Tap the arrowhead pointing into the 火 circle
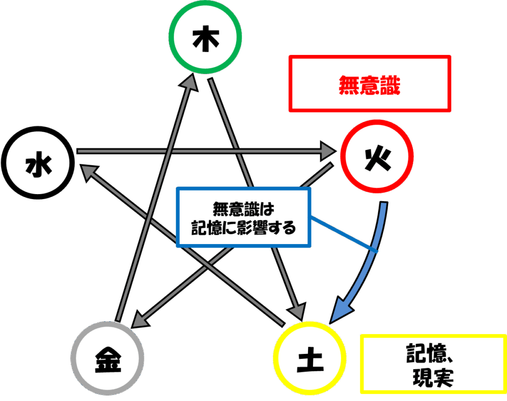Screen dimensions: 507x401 [x=328, y=151]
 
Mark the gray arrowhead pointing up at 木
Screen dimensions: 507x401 [x=189, y=82]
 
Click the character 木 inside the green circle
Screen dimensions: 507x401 [x=205, y=41]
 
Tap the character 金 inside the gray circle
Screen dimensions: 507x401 [x=107, y=360]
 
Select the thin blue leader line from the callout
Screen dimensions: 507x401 [x=344, y=234]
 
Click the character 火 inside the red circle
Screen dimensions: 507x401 [x=378, y=158]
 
